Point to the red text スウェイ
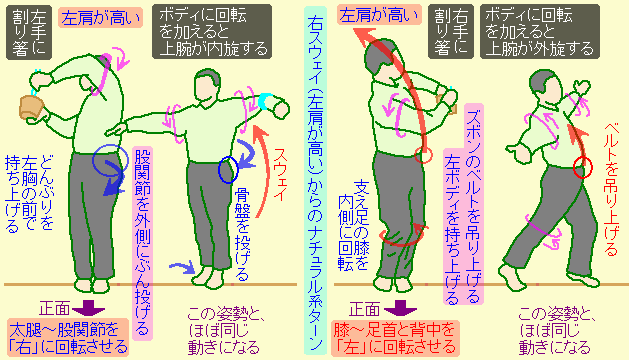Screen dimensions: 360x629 pos(282,180)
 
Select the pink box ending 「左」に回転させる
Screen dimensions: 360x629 pos(398,337)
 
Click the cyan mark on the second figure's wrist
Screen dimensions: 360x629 pos(264,100)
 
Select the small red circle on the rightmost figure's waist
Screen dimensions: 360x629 pos(580,169)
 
